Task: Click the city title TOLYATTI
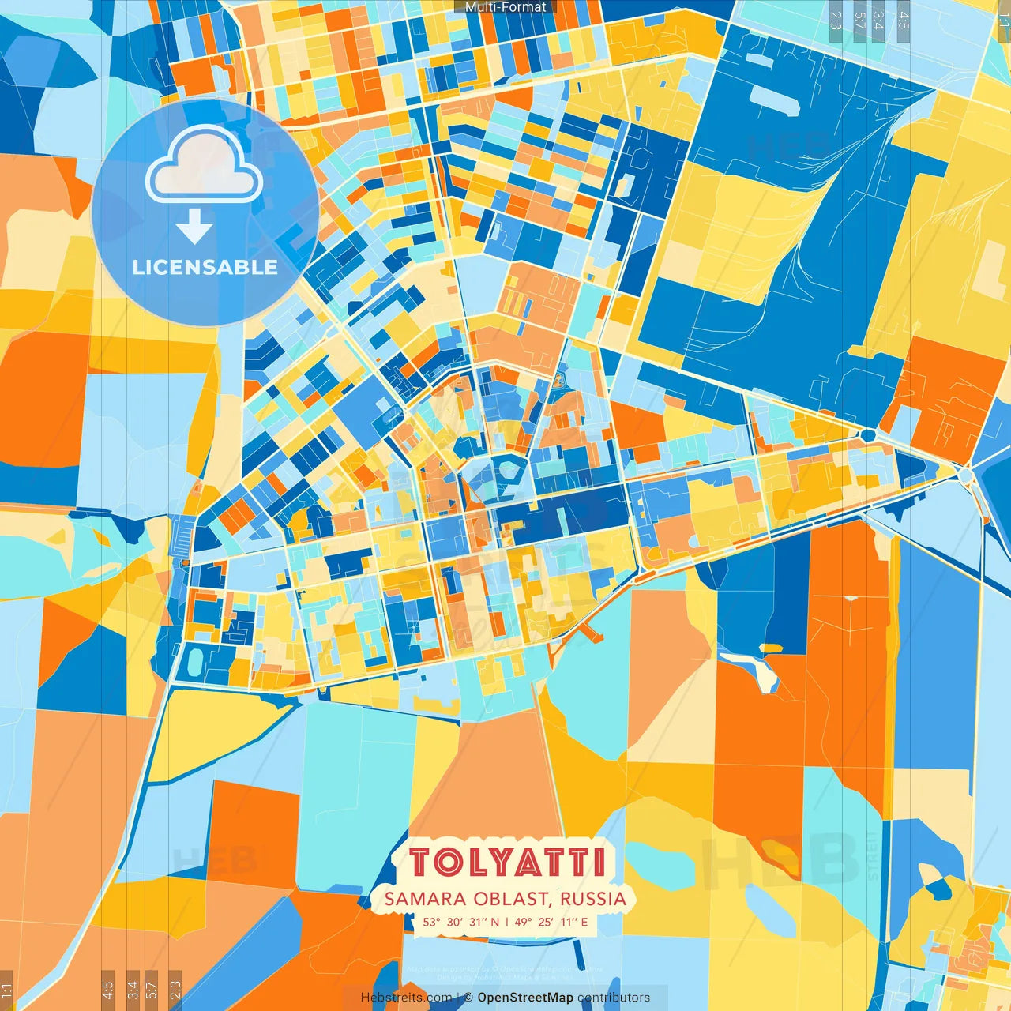[506, 862]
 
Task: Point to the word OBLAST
[512, 899]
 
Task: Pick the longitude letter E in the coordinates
[584, 922]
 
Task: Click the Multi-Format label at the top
[505, 7]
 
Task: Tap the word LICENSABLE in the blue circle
[205, 267]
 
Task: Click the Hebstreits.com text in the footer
[406, 998]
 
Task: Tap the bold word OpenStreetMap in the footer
[525, 998]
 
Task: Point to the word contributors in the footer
[614, 998]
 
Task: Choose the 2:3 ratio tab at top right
[836, 21]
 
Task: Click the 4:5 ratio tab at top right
[904, 21]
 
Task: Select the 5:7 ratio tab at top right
[859, 21]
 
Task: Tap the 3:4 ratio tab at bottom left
[132, 990]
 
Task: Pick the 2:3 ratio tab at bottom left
[175, 990]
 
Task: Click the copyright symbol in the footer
[468, 998]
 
